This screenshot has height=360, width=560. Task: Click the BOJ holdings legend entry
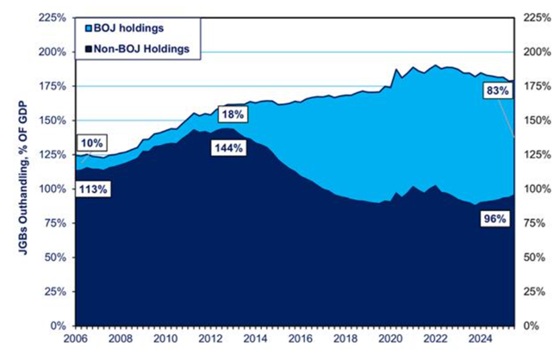pyautogui.click(x=128, y=28)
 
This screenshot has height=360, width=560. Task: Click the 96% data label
pyautogui.click(x=494, y=219)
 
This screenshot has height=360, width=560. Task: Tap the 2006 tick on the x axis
pyautogui.click(x=76, y=339)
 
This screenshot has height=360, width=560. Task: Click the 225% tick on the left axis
pyautogui.click(x=53, y=17)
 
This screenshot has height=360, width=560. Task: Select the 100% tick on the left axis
pyautogui.click(x=53, y=189)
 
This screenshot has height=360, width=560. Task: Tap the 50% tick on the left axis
pyautogui.click(x=56, y=258)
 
